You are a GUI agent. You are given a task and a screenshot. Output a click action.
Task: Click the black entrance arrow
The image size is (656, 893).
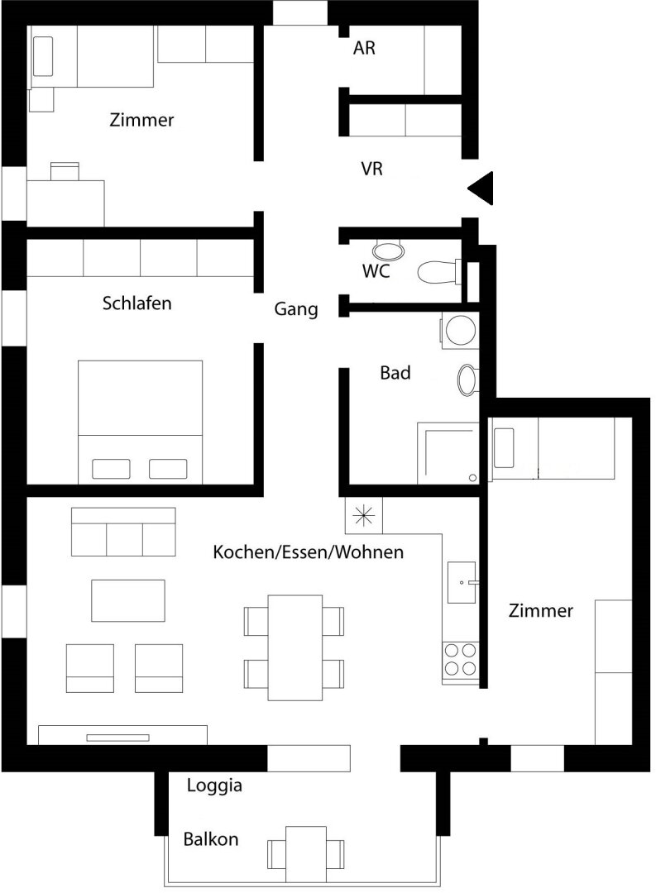[481, 188]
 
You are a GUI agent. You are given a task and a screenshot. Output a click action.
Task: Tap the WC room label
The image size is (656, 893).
[376, 271]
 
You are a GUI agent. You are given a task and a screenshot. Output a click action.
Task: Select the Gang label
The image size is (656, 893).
[296, 309]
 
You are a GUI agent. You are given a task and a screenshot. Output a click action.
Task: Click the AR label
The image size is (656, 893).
[364, 48]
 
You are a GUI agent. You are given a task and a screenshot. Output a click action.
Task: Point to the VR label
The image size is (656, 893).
[371, 169]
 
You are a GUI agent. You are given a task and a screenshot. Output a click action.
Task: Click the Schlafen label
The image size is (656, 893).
[136, 303]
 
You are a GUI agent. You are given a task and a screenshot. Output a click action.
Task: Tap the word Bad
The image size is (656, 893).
[395, 373]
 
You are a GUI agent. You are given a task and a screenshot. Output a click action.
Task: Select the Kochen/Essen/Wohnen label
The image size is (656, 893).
[309, 552]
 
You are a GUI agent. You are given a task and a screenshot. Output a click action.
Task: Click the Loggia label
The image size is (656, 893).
[214, 786]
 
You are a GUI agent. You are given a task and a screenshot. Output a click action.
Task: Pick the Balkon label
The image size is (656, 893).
[211, 839]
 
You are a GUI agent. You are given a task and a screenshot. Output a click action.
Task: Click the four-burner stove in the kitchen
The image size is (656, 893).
[461, 660]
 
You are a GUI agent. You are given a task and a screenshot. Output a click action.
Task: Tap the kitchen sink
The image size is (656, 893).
[462, 582]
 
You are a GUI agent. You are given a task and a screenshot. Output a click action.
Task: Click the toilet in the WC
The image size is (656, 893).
[440, 272]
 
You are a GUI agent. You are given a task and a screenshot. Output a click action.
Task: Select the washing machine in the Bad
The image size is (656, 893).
[459, 330]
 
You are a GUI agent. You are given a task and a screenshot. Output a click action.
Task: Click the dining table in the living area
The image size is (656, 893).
[295, 647]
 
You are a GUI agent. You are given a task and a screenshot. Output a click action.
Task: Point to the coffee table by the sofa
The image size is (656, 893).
[128, 600]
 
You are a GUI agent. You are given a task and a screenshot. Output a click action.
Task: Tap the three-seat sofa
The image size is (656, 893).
[123, 532]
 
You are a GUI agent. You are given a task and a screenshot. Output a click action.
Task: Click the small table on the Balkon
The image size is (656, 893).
[306, 853]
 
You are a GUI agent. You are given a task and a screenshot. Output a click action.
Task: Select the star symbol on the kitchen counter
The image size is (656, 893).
[364, 516]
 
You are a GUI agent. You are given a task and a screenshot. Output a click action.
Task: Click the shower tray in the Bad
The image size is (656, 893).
[448, 453]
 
